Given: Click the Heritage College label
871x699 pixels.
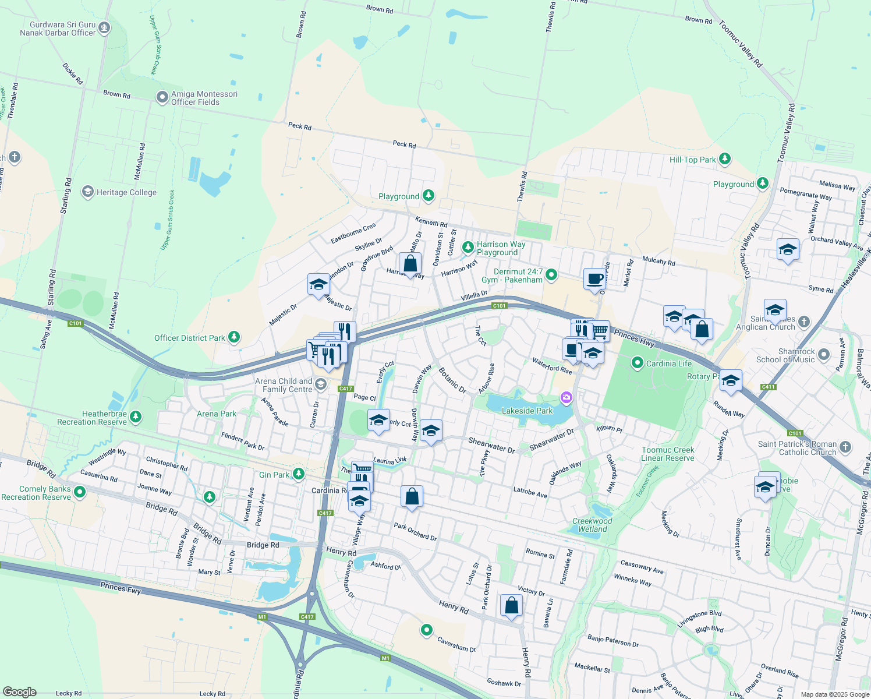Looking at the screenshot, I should pyautogui.click(x=126, y=192).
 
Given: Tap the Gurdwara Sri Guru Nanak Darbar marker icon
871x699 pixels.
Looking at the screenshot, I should pyautogui.click(x=104, y=27).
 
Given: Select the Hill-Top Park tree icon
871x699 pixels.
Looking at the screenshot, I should pyautogui.click(x=725, y=158).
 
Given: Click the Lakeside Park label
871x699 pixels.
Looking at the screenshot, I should pyautogui.click(x=527, y=411).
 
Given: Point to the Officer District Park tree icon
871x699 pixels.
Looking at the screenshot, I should pyautogui.click(x=233, y=337).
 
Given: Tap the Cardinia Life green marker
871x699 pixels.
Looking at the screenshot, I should pyautogui.click(x=638, y=363).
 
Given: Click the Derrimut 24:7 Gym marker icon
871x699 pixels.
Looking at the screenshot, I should pyautogui.click(x=552, y=274).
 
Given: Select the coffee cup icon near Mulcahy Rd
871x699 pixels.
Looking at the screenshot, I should pyautogui.click(x=594, y=279).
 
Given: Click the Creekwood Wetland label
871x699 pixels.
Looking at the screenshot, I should pyautogui.click(x=592, y=525).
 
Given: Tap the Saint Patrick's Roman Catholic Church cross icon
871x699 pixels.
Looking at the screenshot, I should pyautogui.click(x=845, y=447).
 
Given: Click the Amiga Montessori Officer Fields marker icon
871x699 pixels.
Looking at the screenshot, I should pyautogui.click(x=162, y=97).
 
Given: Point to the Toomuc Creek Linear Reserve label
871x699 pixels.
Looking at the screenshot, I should pyautogui.click(x=668, y=454).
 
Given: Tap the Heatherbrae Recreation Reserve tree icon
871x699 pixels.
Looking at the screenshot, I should pyautogui.click(x=136, y=416).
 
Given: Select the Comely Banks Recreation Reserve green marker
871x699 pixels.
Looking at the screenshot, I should pyautogui.click(x=80, y=492).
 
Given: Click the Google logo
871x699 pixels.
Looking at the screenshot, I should pyautogui.click(x=19, y=692).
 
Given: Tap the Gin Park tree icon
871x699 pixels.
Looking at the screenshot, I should pyautogui.click(x=299, y=474).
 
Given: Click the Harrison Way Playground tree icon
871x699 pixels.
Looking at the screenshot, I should pyautogui.click(x=468, y=248).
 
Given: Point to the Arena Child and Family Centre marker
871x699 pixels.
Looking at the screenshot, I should pyautogui.click(x=321, y=384).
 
